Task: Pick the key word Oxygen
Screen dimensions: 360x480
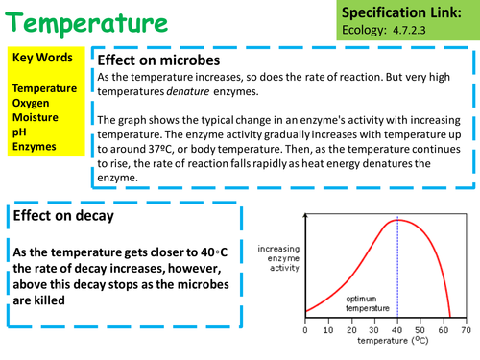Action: (34, 103)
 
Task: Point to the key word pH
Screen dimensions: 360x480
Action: (19, 132)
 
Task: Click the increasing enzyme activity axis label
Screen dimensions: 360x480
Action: (277, 258)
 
